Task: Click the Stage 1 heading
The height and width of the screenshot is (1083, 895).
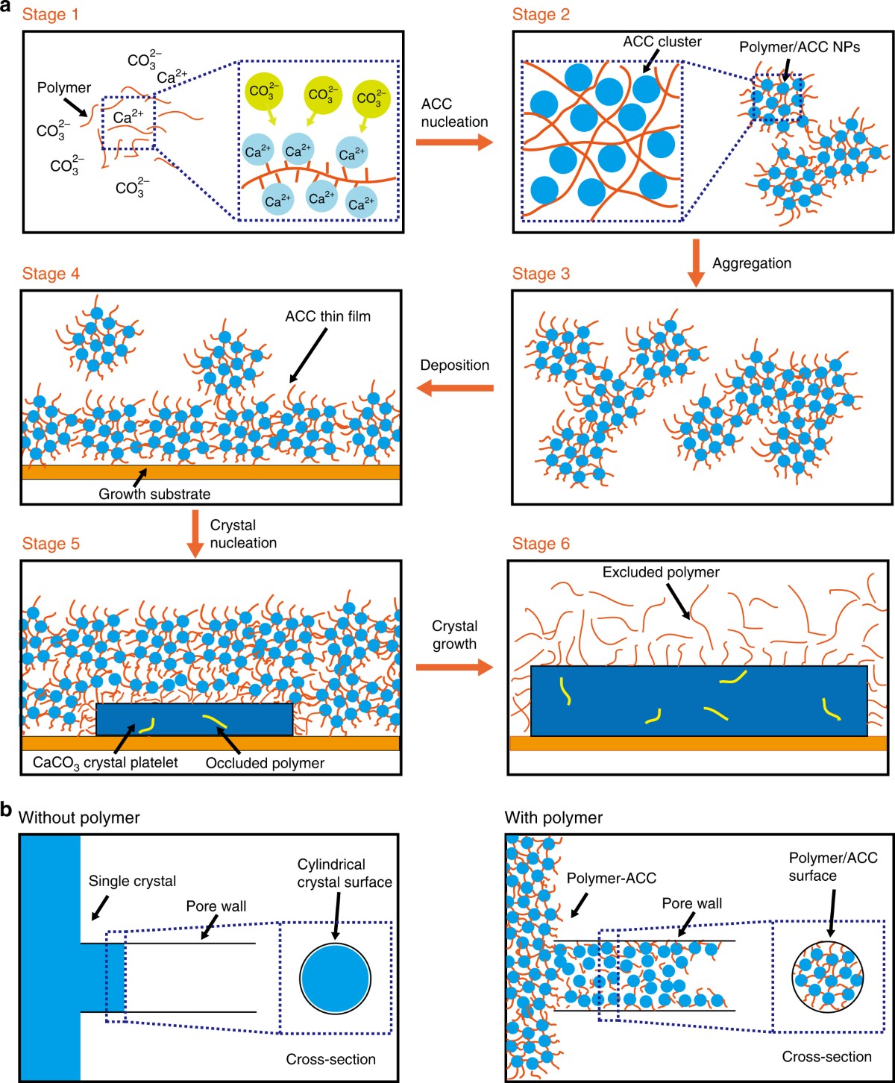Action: click(x=50, y=15)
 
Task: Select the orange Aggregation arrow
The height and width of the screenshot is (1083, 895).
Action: click(x=695, y=263)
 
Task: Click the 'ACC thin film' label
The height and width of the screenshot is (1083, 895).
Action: click(x=327, y=316)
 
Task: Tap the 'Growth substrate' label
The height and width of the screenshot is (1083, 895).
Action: click(x=154, y=494)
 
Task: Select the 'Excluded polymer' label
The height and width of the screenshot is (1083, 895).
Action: click(x=661, y=572)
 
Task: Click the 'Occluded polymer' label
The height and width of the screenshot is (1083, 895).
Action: click(x=265, y=763)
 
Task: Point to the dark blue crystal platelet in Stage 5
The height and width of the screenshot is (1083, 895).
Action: click(x=194, y=719)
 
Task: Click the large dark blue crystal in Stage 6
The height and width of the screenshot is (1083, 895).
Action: click(x=698, y=701)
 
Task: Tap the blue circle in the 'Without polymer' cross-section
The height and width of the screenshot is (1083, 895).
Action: click(x=335, y=979)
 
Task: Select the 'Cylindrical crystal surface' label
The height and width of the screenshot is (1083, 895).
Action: click(x=345, y=873)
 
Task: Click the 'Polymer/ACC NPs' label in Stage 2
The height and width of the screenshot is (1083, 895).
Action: click(x=800, y=47)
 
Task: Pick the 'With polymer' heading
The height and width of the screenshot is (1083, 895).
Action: click(x=553, y=817)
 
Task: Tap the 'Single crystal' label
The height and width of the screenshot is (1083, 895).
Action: click(x=132, y=881)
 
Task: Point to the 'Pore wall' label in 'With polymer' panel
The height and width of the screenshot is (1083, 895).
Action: click(x=692, y=903)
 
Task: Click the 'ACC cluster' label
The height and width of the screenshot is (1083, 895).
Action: click(x=662, y=42)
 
